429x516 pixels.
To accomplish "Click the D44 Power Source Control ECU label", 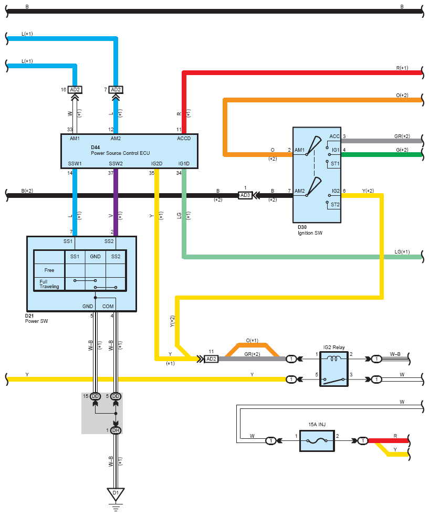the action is coord(120,150).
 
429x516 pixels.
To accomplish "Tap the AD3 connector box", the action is coord(245,195).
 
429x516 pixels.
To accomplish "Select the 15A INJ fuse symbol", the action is coord(317,440).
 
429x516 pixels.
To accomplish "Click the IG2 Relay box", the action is coord(334,369).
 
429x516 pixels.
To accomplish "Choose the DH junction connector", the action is coord(116,430).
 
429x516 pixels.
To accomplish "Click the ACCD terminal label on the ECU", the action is coord(184,139).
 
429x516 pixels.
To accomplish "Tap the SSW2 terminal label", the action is coord(116,164).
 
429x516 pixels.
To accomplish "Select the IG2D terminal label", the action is coord(156,164).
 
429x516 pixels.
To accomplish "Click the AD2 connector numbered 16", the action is coord(75,90).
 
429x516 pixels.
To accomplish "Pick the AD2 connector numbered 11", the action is coord(211,359).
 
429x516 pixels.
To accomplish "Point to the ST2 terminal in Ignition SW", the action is coord(335,205).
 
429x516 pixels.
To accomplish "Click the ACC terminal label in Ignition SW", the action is coord(334,136).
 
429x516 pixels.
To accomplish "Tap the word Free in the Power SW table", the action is coord(49,270).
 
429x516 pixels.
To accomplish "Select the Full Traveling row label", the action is coord(49,284).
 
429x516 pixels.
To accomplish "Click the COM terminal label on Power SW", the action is coord(108,307).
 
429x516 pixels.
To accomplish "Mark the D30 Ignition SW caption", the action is coord(310,230).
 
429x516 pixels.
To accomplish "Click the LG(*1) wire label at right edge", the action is coord(402,252).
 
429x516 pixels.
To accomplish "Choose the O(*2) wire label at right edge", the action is coord(402,96).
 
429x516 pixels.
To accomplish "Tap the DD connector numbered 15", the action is coord(95,396).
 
